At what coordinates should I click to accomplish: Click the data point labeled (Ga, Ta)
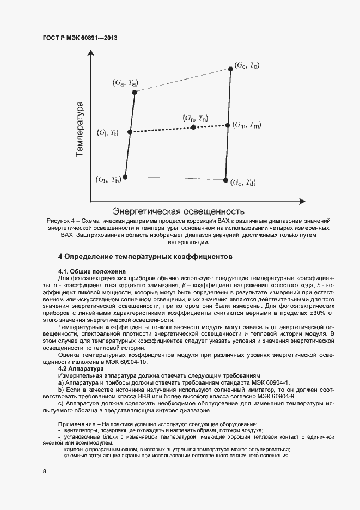point(135,92)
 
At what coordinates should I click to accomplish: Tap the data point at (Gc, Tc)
point(231,69)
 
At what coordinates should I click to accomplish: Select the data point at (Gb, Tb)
point(125,177)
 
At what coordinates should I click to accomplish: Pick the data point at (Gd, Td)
point(225,179)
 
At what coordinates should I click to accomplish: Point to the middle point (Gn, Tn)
point(193,127)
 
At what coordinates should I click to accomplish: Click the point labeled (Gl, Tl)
point(130,132)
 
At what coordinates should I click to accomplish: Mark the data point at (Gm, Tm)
point(228,125)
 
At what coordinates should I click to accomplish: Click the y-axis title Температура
point(80,129)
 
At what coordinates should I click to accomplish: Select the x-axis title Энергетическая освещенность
point(177,210)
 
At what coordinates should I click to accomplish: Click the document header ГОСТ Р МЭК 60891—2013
point(80,38)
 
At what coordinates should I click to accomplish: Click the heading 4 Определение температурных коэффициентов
point(145,256)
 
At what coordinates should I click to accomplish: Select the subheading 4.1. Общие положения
point(92,271)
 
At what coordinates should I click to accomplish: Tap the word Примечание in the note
point(77,424)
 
